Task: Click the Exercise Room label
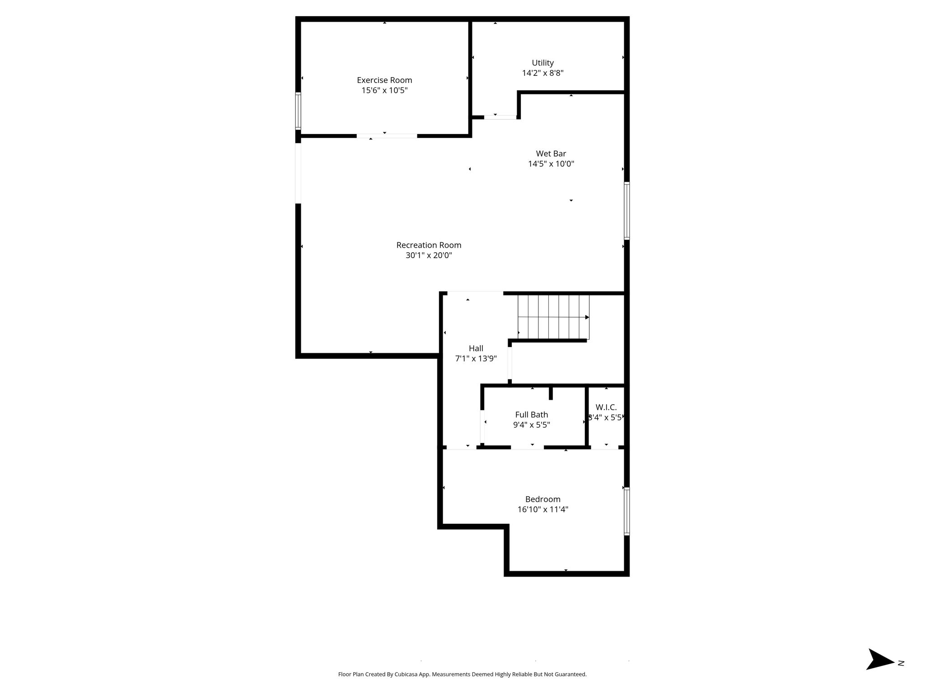(384, 80)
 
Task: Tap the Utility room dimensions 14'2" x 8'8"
(543, 73)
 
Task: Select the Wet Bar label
(551, 154)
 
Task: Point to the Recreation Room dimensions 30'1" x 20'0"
(429, 255)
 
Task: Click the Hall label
(476, 348)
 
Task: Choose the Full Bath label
(532, 415)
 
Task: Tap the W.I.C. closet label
(606, 407)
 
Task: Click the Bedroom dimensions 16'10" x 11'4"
(543, 509)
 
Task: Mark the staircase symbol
(554, 317)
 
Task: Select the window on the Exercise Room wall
(298, 111)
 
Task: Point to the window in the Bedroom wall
(627, 511)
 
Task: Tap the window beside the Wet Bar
(627, 210)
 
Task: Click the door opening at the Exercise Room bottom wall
(387, 136)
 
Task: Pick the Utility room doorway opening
(500, 117)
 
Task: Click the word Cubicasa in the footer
(406, 675)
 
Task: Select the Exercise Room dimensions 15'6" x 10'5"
(384, 90)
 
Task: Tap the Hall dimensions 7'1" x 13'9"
(476, 359)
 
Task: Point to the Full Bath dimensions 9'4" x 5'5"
(532, 425)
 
